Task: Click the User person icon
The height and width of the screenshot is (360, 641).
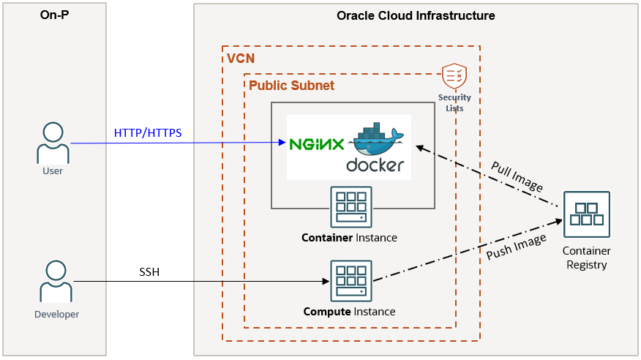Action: pos(53,143)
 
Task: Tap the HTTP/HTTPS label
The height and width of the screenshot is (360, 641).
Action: pos(148,132)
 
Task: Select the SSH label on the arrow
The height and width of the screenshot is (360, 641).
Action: pos(149,272)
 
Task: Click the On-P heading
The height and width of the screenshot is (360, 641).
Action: pos(55,15)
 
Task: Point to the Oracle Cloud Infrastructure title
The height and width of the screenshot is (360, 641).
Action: pos(416,15)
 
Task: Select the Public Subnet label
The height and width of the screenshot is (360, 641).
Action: pos(291,86)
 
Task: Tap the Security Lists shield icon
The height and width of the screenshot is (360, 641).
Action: pos(454,76)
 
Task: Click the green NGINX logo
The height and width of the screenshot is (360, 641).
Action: pos(316,144)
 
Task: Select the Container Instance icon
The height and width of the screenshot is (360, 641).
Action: pos(351,207)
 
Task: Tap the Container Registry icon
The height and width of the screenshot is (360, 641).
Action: pos(587,214)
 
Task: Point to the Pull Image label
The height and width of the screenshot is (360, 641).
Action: pos(517,176)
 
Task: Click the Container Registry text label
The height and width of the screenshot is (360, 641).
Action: pos(587,258)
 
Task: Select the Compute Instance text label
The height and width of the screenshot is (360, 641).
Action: pos(349,312)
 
